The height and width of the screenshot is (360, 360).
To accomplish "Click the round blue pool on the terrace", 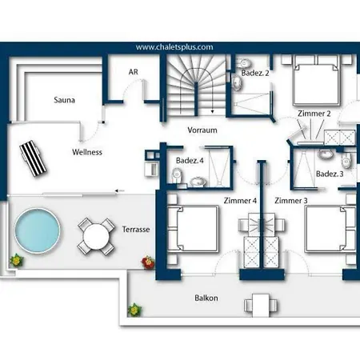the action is [38, 230].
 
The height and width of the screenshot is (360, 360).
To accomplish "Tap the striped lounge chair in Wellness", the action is [34, 158].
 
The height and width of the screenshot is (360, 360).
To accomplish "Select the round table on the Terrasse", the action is [96, 237].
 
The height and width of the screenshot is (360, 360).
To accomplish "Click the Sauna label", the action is [64, 100].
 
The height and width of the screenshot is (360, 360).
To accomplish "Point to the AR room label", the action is [134, 72].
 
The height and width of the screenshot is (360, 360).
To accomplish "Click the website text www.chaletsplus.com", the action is [174, 47].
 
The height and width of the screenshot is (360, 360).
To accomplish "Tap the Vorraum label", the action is [202, 130].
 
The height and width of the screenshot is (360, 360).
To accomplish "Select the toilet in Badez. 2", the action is [245, 63].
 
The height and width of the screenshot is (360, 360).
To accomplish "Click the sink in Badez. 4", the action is [198, 182].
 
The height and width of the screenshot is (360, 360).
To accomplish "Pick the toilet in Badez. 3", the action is [346, 161].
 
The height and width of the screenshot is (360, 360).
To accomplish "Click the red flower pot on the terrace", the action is [148, 262].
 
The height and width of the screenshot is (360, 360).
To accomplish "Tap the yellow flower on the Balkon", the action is [134, 310].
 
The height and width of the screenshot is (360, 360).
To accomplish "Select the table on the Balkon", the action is [261, 306].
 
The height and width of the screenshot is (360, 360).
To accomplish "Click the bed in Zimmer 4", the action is [193, 229].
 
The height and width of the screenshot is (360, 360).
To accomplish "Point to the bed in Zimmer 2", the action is [316, 81].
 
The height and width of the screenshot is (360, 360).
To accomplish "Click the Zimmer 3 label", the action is [291, 200].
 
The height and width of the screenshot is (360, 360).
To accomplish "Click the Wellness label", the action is [87, 152].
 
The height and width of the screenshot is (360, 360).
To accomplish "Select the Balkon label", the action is [206, 298].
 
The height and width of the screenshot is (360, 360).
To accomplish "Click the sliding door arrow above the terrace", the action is [120, 190].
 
